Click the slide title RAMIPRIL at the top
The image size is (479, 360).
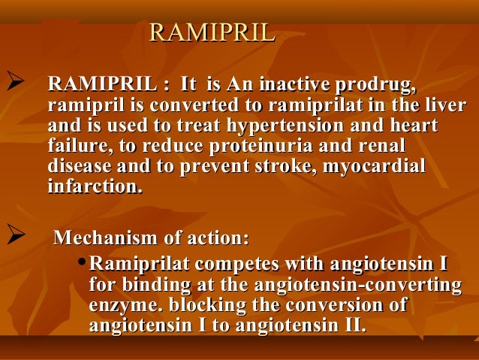coord(212,33)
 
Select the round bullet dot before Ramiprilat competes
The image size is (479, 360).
coord(83,265)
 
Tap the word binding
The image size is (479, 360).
coord(151,286)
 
